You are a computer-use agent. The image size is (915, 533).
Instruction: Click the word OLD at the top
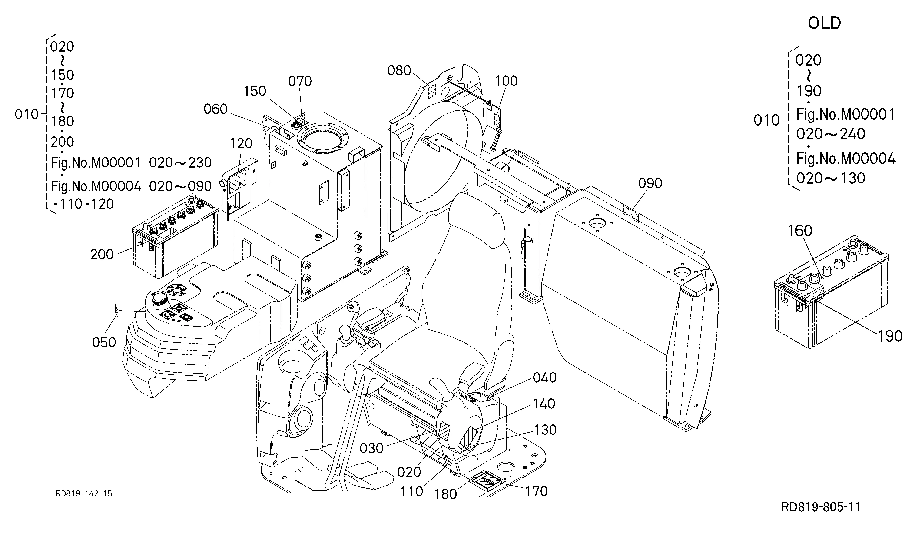824,23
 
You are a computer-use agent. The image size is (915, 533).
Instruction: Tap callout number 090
650,183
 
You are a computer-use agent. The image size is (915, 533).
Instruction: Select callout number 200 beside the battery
102,255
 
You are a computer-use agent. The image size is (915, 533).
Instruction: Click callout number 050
104,342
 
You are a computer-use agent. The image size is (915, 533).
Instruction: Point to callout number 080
399,70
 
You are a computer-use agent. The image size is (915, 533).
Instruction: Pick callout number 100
507,81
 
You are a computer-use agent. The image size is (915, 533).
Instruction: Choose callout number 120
241,143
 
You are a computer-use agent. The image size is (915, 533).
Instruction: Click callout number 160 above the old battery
800,231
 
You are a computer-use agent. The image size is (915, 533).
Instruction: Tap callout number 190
890,336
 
